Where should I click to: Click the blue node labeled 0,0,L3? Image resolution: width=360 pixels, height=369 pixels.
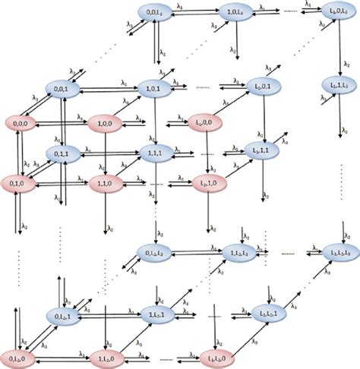pos(155,12)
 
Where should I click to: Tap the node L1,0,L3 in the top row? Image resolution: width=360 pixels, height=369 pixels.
pos(333,14)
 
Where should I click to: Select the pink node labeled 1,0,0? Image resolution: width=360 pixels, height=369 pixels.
pos(106,121)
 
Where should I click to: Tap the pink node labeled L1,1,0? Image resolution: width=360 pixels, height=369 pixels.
pos(207,184)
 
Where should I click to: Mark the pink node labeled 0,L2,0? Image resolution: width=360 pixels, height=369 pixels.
pos(21,355)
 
